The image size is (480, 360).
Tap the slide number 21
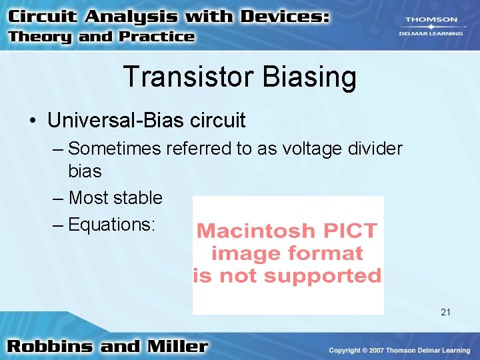coord(446,312)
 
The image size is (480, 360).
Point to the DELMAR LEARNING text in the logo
coord(431,33)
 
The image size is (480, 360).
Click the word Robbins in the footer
coord(50,346)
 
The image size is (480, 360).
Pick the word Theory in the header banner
coord(41,37)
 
